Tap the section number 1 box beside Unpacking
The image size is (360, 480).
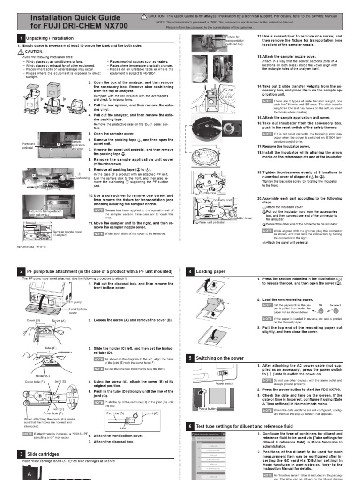coord(21,38)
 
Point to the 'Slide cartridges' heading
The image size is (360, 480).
coord(43,454)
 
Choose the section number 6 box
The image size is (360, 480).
coord(190,426)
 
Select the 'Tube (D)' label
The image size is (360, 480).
coord(50,348)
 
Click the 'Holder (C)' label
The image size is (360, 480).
coord(42,376)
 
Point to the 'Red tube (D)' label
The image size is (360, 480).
coord(115,413)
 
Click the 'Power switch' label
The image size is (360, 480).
coord(224,383)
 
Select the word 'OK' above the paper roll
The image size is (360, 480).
coord(321,305)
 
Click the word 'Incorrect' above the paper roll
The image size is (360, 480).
coord(336,305)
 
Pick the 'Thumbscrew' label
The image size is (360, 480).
coord(207,193)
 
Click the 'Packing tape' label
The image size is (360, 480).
coord(49,180)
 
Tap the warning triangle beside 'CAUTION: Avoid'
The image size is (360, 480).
coord(21,52)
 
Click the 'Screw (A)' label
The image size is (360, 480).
coord(59,320)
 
